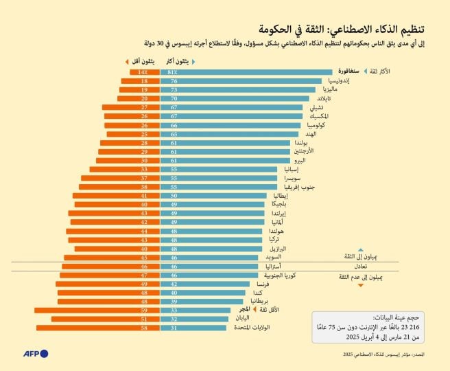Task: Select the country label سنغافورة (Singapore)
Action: click(348, 71)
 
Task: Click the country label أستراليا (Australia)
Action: click(270, 265)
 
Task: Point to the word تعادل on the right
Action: click(360, 266)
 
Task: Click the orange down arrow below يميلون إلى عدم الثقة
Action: click(360, 284)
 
